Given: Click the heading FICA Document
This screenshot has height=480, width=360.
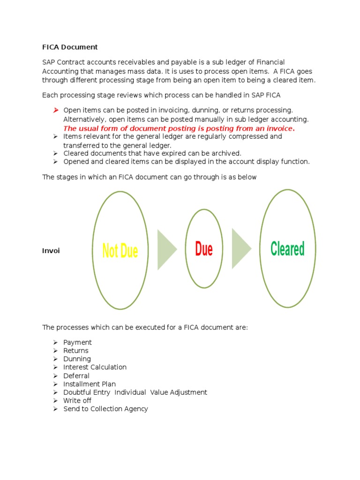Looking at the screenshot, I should tap(70, 47).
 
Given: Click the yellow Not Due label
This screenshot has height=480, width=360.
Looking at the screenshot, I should tap(120, 251).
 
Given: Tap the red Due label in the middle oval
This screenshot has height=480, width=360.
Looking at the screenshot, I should tap(204, 249).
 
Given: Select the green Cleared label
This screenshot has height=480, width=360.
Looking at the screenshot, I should tap(287, 248).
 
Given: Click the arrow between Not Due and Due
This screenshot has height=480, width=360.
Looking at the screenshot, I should tap(166, 249).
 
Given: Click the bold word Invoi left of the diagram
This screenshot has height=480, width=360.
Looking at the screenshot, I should tap(51, 251).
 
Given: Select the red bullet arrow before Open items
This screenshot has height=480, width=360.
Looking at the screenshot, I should tap(55, 110).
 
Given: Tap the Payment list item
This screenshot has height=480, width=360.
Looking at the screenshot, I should tap(77, 342).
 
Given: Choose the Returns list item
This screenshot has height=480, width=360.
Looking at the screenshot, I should tap(75, 351).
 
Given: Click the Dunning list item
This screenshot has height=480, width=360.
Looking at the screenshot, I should tap(77, 359).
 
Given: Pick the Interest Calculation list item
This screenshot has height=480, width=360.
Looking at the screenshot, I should tap(95, 367).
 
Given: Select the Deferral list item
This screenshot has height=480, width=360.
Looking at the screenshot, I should tap(76, 375).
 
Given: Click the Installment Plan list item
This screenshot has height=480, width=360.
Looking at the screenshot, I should tap(90, 384).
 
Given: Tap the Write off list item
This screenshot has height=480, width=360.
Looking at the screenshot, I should tap(77, 400).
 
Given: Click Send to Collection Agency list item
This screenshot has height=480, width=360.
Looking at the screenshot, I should tap(105, 409).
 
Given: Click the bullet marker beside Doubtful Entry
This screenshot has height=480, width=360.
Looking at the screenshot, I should tap(55, 392).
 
